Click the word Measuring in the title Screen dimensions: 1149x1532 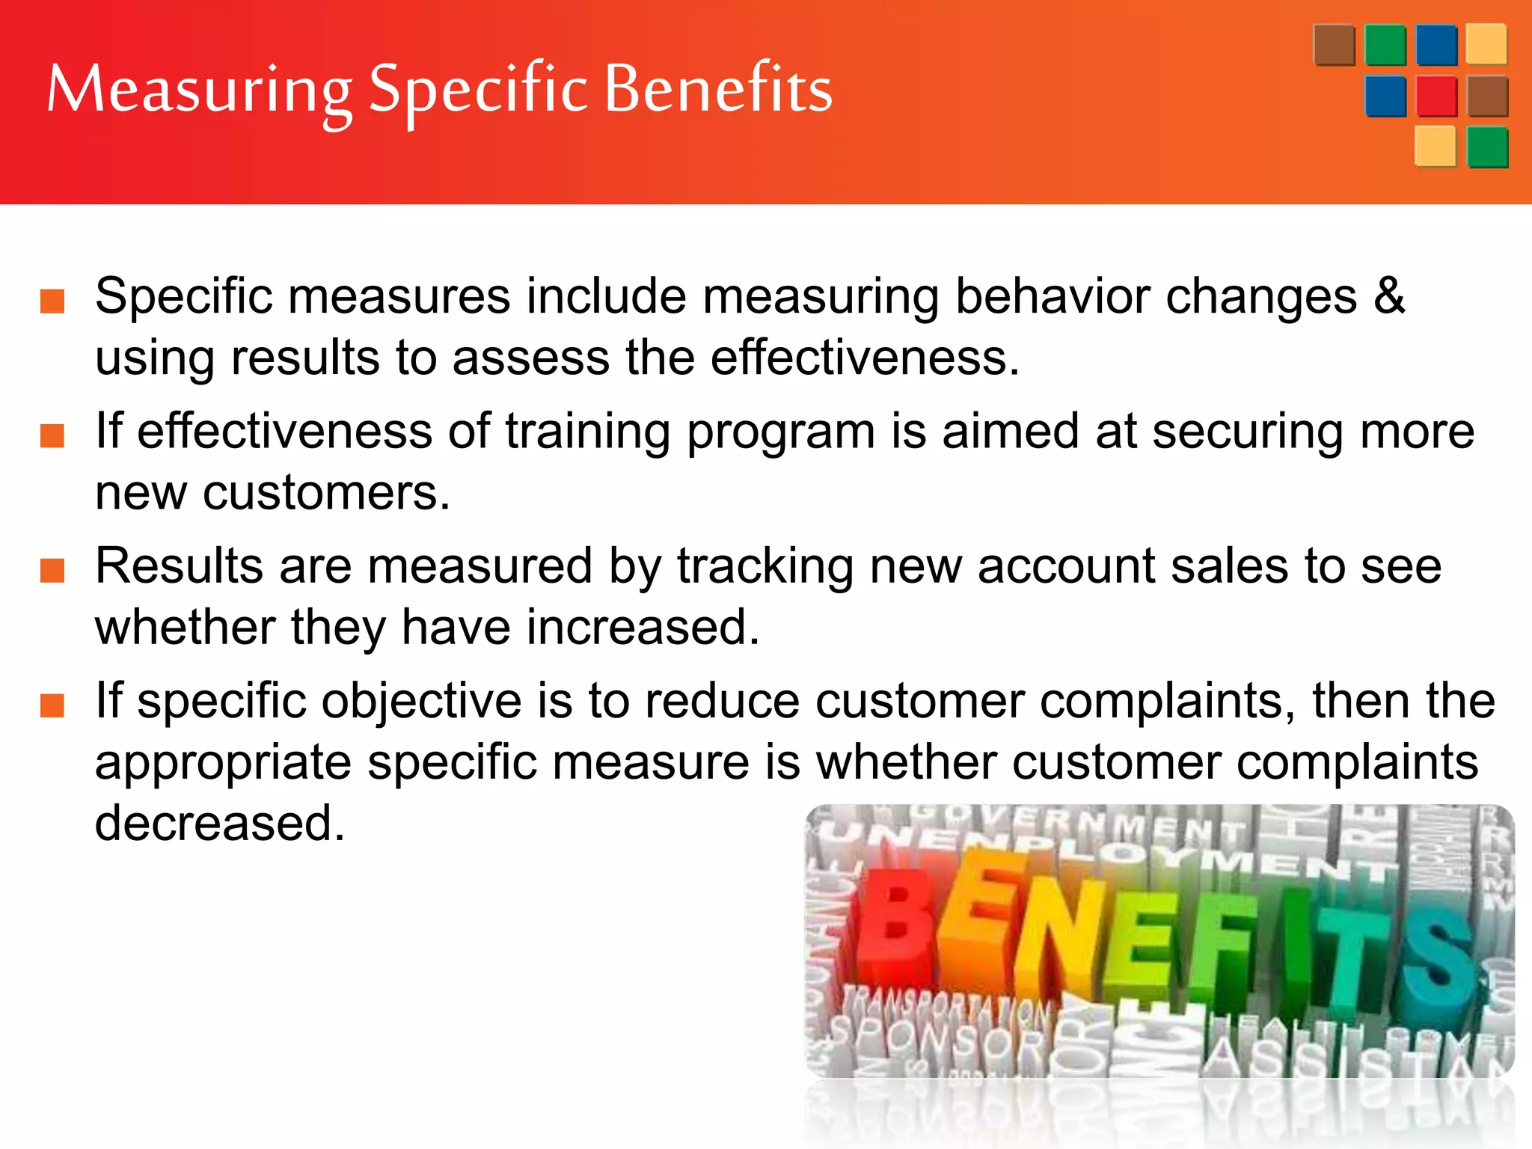[199, 91]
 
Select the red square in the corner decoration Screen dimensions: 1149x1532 [1436, 96]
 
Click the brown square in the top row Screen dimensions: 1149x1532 [1334, 45]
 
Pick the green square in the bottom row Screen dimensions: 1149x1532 [1487, 147]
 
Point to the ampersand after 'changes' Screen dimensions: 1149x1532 [1388, 295]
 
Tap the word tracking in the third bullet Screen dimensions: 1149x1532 [765, 566]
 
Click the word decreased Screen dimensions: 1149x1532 [220, 823]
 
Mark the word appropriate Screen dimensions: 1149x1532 [223, 762]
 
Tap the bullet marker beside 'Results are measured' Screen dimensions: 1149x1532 [52, 571]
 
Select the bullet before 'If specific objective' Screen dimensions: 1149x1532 [52, 705]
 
